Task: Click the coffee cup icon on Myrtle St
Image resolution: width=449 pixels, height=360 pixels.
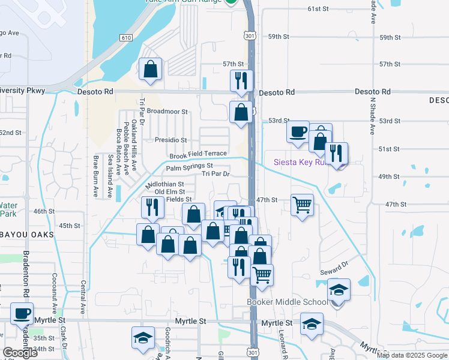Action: click(22, 313)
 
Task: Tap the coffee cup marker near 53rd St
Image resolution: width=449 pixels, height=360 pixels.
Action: click(298, 131)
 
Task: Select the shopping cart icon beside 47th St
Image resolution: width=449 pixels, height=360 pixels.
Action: click(302, 205)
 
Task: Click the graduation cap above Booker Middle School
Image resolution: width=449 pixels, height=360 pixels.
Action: click(339, 290)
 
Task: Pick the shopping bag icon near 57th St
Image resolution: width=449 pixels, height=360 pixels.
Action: click(150, 68)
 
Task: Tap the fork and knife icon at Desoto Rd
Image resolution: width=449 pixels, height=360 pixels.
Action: click(241, 80)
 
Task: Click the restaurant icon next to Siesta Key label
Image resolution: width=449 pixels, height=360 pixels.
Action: click(336, 153)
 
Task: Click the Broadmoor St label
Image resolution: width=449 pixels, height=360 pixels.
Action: click(167, 112)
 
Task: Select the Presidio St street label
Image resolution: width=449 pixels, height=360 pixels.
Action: click(171, 140)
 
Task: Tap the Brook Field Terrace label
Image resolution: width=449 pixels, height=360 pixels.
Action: click(198, 154)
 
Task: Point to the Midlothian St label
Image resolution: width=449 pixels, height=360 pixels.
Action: click(164, 184)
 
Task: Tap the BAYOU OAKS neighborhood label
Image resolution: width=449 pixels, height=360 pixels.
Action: click(26, 235)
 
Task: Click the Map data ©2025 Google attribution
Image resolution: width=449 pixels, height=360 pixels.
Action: click(412, 355)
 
